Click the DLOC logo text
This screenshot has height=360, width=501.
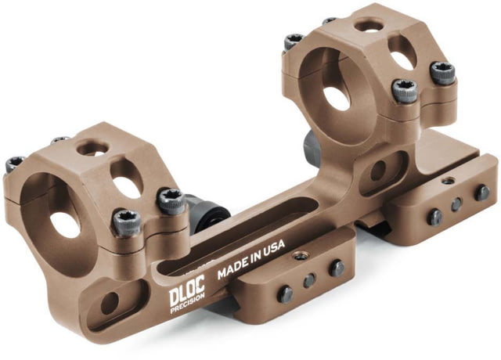187,295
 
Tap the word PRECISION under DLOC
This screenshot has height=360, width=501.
188,308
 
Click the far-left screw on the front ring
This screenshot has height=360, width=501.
14,164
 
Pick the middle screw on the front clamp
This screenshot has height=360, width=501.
310,281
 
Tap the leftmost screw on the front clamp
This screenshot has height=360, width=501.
287,294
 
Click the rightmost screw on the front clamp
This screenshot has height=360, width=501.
337,268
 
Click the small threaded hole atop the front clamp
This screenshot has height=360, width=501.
297,254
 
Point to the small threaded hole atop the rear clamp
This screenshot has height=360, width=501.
446,181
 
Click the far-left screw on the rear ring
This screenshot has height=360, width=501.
294,41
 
